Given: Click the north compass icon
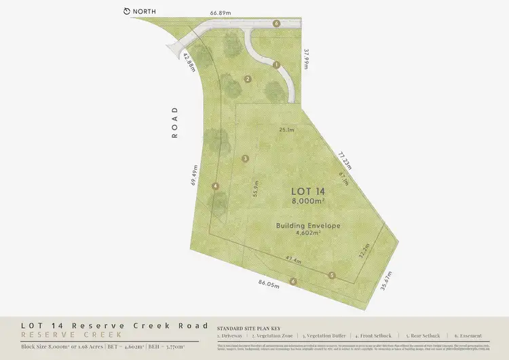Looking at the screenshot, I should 127,12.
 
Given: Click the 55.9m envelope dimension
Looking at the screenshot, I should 256,188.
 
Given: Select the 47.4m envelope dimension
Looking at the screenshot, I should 293,259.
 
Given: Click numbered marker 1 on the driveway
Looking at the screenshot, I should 276,65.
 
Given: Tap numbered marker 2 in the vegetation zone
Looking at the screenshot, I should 248,79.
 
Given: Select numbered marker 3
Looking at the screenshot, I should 245,158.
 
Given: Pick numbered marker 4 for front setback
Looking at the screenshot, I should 215,185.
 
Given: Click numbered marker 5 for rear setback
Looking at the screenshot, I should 332,275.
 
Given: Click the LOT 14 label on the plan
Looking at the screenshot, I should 308,192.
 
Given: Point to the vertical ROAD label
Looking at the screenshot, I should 174,123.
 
